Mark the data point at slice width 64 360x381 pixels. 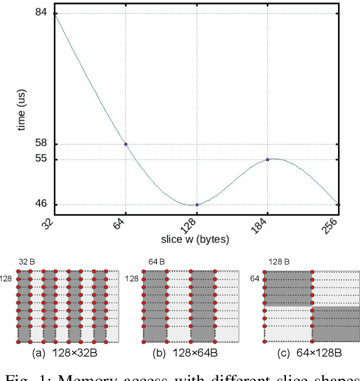126,144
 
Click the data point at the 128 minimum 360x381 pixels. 197,205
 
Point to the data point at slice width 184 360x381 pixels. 268,159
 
